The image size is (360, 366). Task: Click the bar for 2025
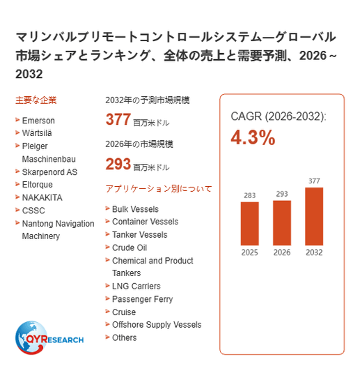(249, 224)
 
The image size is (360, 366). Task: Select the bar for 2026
(282, 223)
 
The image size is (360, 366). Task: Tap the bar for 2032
(314, 216)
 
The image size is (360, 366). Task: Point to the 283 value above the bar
(250, 195)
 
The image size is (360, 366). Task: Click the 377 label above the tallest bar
(314, 181)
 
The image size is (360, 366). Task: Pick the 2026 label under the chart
(282, 252)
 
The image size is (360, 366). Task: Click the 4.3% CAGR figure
(253, 137)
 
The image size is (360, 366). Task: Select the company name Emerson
(38, 121)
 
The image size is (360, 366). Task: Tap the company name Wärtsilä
(37, 133)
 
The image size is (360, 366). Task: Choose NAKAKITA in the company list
(42, 198)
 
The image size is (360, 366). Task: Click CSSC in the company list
(33, 211)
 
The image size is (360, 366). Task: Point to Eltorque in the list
(38, 185)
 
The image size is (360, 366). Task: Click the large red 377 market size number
(118, 119)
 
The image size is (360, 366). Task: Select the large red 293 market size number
(118, 164)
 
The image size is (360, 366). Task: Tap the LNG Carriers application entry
(136, 286)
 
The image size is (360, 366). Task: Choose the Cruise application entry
(124, 312)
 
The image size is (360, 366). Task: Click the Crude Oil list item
(130, 247)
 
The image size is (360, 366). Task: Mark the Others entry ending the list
(124, 337)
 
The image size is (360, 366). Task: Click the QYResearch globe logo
(49, 337)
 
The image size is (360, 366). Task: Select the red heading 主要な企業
(36, 100)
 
